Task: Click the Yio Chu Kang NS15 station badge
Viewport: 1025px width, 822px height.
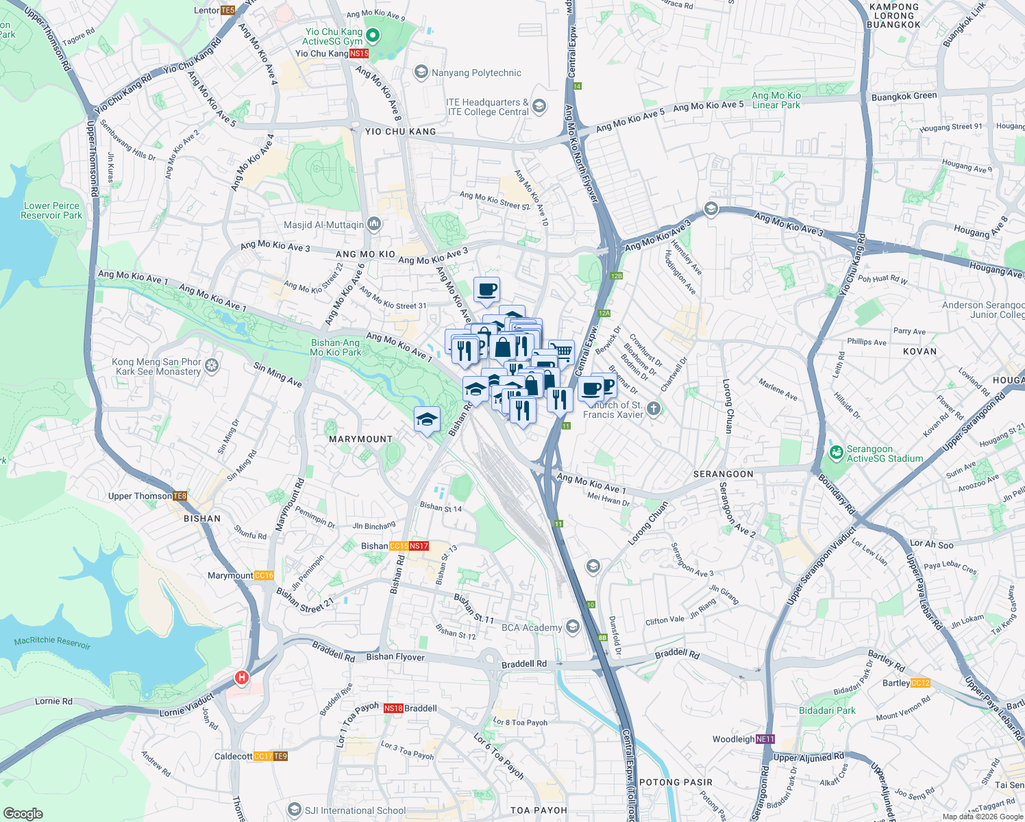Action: click(359, 53)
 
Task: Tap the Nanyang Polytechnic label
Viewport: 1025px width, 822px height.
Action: click(476, 73)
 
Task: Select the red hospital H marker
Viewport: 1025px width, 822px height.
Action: click(241, 677)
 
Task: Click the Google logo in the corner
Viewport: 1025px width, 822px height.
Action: click(23, 814)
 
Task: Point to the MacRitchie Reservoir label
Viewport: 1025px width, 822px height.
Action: click(52, 642)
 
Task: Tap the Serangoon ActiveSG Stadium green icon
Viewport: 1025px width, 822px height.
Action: click(836, 453)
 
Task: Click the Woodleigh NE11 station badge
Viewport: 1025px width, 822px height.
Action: click(765, 739)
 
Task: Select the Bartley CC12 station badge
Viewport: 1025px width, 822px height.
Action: click(921, 683)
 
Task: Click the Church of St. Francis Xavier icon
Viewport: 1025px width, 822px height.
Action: click(654, 409)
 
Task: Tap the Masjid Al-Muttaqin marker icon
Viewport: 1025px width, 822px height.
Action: click(374, 223)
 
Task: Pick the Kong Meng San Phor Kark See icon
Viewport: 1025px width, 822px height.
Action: click(212, 366)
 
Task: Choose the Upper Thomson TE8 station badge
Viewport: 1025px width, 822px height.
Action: click(180, 496)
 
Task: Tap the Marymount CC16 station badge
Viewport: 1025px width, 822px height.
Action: click(264, 575)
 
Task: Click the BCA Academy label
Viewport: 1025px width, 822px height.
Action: click(532, 627)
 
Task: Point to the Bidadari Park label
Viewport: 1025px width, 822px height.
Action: click(827, 710)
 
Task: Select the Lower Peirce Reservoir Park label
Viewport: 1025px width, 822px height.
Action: click(51, 210)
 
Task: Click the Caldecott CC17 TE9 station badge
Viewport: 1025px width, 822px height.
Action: click(271, 756)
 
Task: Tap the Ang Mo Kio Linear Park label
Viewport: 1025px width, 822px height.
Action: click(776, 100)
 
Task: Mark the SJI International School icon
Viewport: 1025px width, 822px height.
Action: click(294, 810)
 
